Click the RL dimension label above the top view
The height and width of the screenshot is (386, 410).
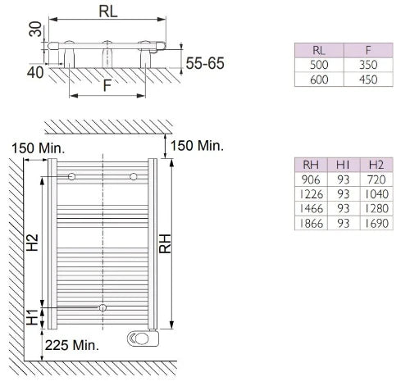click(108, 11)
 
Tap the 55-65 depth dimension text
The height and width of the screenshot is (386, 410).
click(205, 63)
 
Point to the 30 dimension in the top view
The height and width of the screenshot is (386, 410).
click(36, 30)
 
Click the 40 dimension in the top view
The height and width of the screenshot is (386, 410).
click(35, 73)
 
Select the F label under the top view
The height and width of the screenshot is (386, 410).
click(107, 85)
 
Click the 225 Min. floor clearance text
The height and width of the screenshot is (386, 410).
click(72, 345)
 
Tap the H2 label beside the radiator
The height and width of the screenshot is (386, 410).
click(32, 243)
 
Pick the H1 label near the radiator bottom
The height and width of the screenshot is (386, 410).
click(32, 317)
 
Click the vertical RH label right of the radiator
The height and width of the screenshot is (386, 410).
click(165, 243)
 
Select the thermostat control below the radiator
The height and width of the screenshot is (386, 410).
click(143, 338)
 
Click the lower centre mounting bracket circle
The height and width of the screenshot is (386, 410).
click(102, 307)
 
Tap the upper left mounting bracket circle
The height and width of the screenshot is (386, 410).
click(71, 177)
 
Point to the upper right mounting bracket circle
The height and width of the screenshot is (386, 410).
click(134, 177)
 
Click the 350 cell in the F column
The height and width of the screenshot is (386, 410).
click(368, 65)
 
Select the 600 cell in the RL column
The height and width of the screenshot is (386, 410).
click(319, 79)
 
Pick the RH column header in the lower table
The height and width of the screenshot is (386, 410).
click(311, 165)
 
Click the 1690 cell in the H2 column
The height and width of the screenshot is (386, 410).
click(376, 223)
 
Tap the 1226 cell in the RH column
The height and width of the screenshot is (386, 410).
click(311, 194)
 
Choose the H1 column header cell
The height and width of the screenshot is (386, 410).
click(344, 165)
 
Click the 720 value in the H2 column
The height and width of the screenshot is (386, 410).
click(376, 179)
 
